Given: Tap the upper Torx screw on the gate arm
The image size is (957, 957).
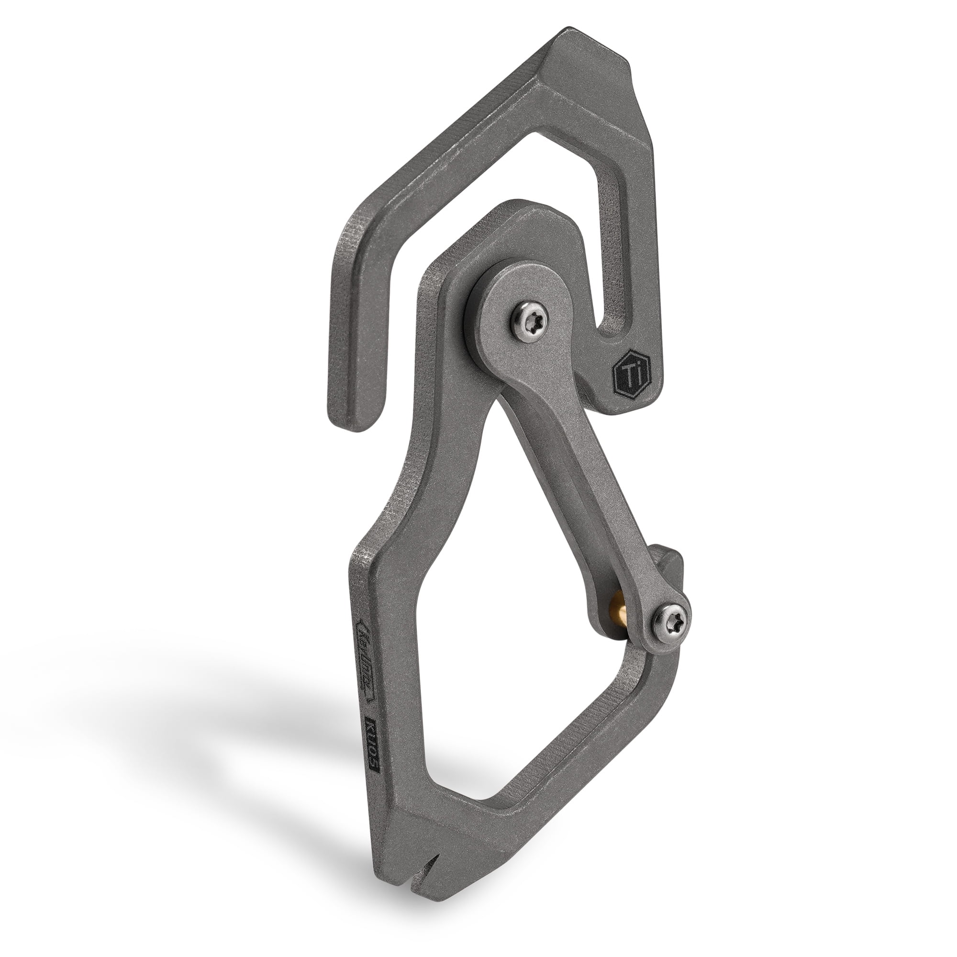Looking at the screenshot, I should pyautogui.click(x=529, y=323).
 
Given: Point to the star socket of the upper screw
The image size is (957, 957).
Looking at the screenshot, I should pyautogui.click(x=529, y=323).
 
